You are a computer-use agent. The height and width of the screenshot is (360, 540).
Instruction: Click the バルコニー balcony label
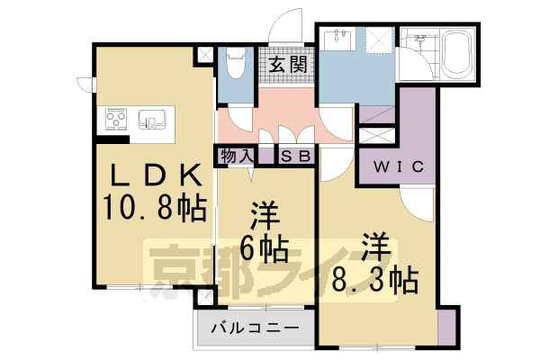click(255, 328)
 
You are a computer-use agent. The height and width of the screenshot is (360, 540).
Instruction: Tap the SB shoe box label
click(296, 157)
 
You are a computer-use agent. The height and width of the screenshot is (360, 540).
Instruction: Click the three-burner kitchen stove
click(118, 119)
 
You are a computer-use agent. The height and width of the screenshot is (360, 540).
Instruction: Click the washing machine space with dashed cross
click(376, 40)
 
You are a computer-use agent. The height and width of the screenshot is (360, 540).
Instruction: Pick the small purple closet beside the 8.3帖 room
click(446, 325)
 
